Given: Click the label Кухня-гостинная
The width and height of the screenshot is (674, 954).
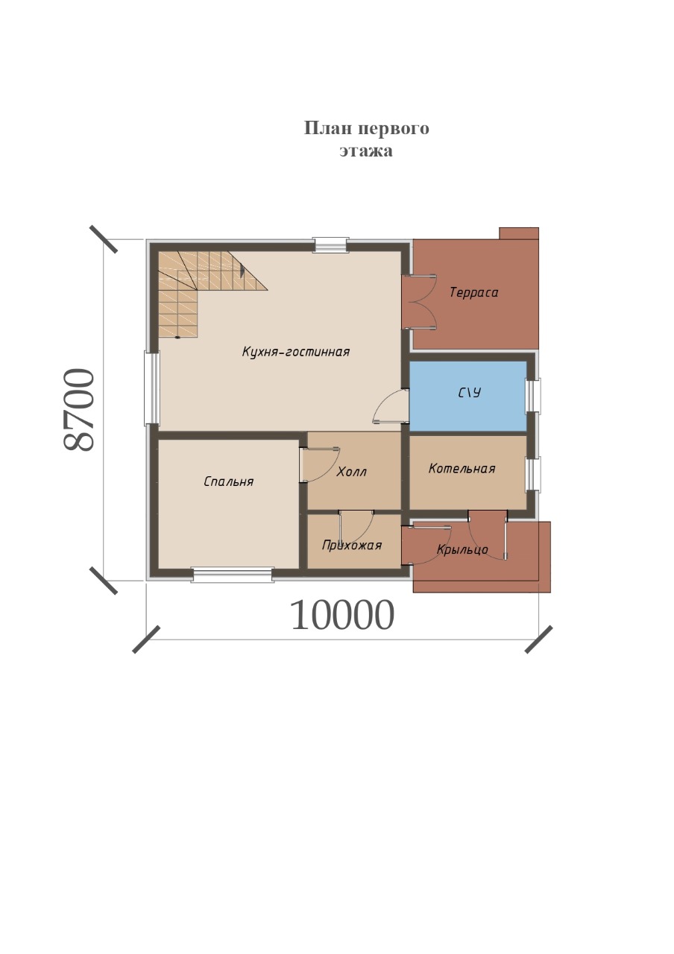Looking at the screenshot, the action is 296,352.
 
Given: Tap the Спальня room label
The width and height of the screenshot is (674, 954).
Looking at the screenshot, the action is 228,481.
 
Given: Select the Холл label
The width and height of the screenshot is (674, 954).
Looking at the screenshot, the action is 351,472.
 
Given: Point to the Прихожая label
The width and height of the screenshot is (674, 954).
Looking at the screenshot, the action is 351,546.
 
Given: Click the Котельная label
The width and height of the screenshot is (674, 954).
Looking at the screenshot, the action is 462,469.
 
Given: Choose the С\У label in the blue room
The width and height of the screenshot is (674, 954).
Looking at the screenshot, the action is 470,393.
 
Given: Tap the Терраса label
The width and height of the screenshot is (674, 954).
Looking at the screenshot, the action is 473,293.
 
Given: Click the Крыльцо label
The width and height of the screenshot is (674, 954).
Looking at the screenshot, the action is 462,550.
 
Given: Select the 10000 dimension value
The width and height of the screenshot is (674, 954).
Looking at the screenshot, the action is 342,616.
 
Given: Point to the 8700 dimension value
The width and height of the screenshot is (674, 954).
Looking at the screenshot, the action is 78,409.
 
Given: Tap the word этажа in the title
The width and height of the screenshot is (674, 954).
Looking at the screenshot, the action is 366,151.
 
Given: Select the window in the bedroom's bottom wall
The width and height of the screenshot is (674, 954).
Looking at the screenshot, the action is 232,575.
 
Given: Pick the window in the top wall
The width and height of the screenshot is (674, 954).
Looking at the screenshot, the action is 330,245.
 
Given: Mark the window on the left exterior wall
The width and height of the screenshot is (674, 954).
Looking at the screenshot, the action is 151,388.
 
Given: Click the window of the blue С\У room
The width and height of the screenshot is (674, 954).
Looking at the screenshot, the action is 532,396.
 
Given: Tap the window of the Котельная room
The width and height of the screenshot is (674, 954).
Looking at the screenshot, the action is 532,475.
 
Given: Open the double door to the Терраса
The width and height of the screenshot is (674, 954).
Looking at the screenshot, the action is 420,303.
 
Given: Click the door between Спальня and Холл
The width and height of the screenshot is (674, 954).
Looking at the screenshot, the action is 320,464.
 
